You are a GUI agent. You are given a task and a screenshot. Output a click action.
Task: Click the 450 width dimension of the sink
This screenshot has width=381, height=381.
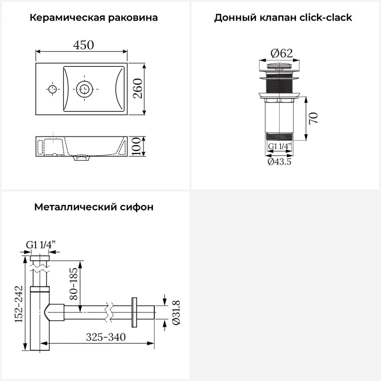click(84, 45)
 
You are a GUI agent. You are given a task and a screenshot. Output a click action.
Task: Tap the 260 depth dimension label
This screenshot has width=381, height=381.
click(138, 89)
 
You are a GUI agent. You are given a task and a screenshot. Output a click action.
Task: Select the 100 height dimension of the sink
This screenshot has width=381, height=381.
click(136, 146)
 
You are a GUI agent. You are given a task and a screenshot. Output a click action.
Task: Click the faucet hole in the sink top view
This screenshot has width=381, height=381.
click(53, 89)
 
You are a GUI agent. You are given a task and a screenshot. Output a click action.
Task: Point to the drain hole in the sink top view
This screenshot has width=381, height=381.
click(84, 89)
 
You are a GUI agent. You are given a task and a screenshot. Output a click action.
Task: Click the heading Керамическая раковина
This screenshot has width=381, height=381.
click(94, 18)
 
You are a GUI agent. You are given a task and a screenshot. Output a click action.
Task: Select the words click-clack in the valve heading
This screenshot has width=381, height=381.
click(326, 18)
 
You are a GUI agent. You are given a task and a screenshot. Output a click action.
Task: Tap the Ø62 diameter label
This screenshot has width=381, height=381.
click(281, 53)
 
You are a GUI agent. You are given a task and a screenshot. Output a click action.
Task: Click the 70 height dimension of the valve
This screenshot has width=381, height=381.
click(314, 118)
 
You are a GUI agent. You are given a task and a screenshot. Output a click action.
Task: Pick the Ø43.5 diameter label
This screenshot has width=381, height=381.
click(279, 162)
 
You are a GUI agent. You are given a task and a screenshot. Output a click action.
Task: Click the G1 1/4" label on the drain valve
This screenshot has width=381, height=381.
click(279, 147)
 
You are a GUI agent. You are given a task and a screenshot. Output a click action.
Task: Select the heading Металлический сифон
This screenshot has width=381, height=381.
click(94, 207)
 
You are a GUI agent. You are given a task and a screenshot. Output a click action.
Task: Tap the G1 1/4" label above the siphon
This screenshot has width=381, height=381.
click(41, 245)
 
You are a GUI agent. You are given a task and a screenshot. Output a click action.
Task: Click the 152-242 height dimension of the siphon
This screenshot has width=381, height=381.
click(19, 304)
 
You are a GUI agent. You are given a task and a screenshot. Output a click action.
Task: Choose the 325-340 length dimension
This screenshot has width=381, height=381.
click(106, 337)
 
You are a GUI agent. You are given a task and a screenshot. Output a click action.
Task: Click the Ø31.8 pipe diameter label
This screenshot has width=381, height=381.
click(176, 312)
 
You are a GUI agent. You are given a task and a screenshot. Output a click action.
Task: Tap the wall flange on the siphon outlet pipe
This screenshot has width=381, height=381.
click(134, 312)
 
